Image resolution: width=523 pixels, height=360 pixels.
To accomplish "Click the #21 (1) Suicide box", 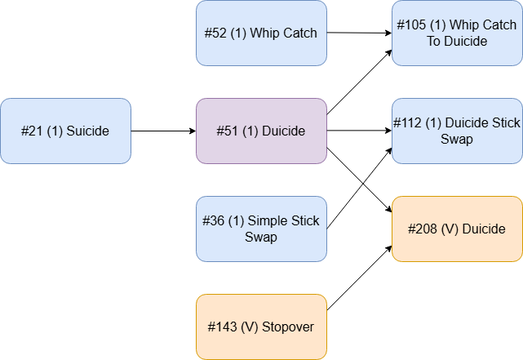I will pos(65,131).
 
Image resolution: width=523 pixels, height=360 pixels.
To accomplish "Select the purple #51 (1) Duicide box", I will pos(261,131).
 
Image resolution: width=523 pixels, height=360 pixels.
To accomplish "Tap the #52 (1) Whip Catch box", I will pos(261,33).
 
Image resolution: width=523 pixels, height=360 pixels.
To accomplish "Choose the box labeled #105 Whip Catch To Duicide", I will pos(457,33).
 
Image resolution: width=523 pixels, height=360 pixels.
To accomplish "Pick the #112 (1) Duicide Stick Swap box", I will pos(457,131).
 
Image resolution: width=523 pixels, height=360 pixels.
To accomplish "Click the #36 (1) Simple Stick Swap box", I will pos(261,229).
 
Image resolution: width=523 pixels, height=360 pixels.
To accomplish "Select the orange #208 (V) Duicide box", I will pos(457,229).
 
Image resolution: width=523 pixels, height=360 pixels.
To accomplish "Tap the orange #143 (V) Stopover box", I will pos(261,327).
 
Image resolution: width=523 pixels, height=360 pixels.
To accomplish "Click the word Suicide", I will pos(87,131).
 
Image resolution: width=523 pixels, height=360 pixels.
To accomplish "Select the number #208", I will pos(423,229).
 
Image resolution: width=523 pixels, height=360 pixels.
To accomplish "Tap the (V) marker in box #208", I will pos(450,229).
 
